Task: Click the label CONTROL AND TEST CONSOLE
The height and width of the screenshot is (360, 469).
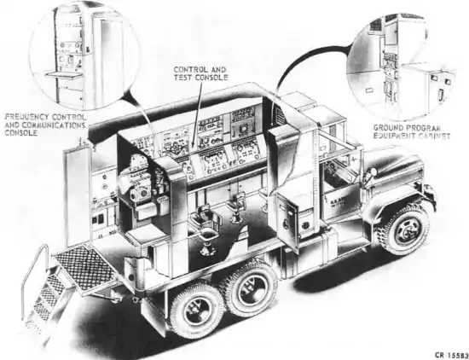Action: (200, 73)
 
